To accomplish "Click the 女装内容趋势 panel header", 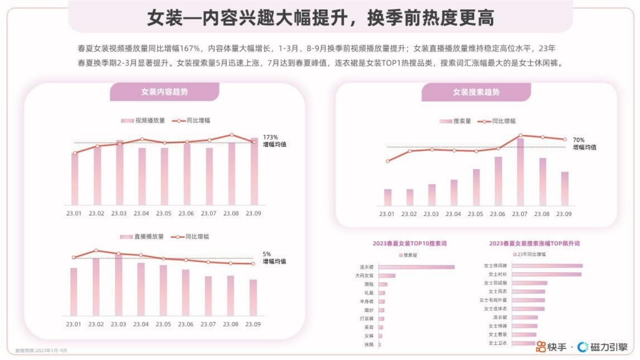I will pos(164,92).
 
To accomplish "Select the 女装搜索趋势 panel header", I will pos(476,92).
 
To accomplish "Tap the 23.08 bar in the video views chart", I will pos(232,174).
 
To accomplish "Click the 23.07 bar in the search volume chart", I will pos(520,172).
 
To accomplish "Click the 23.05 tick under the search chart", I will pos(475,214).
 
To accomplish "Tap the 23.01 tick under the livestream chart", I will pos(73,324).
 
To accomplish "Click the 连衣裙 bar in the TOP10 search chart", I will pos(416,267).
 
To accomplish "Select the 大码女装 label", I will pos(364,275).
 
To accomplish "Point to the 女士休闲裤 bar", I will pos(547,266).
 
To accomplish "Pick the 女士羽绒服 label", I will pos(495,283).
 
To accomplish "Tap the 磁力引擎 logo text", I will pos(609,347).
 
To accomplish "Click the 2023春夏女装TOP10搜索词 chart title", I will pos(409,243).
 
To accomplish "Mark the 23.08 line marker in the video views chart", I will pos(232,135).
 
